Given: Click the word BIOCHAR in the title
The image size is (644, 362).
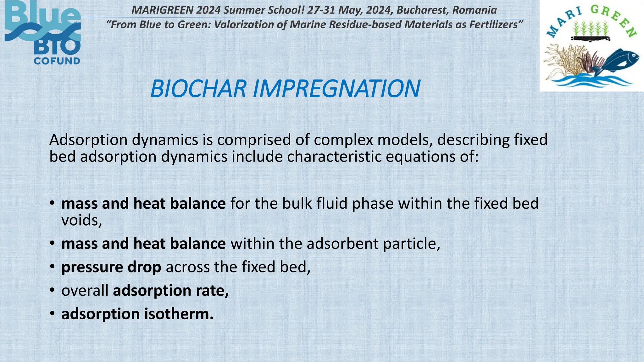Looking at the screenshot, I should [198, 89].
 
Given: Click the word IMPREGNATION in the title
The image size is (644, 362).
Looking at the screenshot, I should [336, 89].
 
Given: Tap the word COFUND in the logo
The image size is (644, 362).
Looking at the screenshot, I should [57, 61].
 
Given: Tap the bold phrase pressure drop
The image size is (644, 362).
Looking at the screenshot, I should [111, 267].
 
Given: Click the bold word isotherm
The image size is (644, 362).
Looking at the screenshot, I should [179, 314].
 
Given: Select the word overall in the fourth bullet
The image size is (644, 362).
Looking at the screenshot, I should [85, 290].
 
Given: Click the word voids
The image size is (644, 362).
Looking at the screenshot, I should [81, 220].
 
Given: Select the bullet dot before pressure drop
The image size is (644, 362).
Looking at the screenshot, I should [53, 267].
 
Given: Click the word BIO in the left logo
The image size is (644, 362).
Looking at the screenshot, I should [57, 47].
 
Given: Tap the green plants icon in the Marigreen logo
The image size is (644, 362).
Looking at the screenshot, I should [591, 29].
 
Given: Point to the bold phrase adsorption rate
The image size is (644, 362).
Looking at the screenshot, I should [171, 290].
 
